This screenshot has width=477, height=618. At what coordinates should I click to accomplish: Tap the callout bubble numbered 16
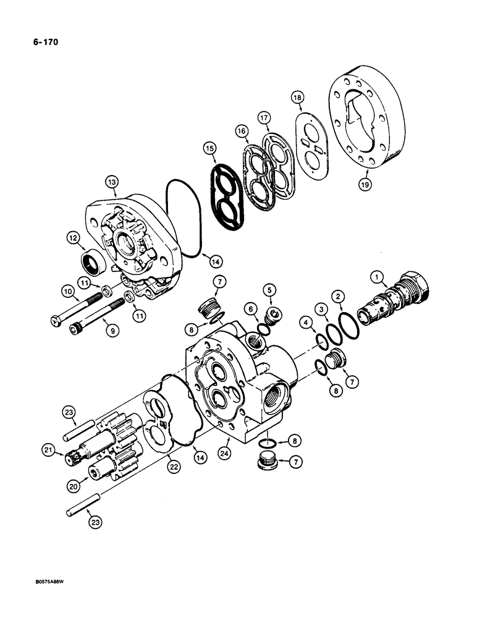[x=240, y=131]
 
